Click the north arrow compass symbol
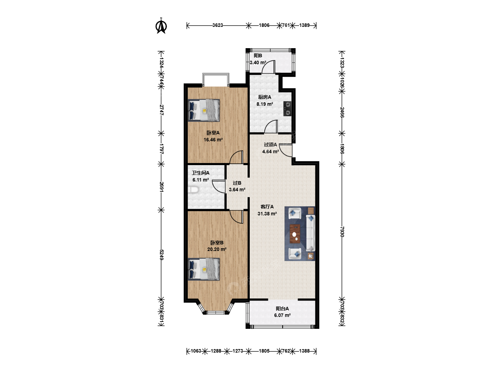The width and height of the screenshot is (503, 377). point(161,26)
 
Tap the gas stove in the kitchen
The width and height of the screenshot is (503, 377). point(287,109)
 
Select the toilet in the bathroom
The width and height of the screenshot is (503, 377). point(194,190)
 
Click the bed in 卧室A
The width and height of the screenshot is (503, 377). point(204,110)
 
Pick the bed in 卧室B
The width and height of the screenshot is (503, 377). point(204,269)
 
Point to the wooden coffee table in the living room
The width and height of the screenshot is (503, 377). point(295,234)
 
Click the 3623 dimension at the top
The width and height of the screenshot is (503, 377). point(218,25)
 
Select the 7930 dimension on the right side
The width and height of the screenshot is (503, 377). point(342,232)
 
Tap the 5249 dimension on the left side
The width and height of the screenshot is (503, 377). point(161,254)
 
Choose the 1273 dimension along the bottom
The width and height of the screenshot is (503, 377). point(238,351)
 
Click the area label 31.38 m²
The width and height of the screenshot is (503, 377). point(267,214)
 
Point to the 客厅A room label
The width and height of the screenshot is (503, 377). point(267,207)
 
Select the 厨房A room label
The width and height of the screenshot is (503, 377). point(265,97)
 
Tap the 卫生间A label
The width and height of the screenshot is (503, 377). point(201,173)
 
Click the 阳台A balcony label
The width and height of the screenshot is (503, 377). point(282,309)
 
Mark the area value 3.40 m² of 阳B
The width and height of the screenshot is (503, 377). point(258,62)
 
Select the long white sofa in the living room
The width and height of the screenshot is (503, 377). point(311,233)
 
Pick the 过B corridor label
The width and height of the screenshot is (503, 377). point(237,183)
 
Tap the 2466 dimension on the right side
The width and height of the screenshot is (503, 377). point(342,112)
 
